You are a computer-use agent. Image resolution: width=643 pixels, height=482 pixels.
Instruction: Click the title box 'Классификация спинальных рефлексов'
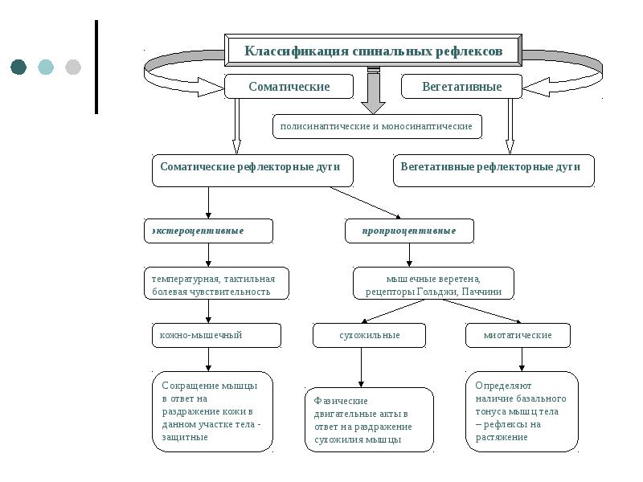point(374,51)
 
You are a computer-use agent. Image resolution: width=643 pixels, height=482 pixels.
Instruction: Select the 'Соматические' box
point(289,87)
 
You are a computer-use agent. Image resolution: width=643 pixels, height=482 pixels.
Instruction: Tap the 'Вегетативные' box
point(461,87)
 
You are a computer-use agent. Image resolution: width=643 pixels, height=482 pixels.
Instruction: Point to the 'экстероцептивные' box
point(208,231)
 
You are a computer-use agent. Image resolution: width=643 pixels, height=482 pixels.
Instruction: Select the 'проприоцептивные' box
point(409,231)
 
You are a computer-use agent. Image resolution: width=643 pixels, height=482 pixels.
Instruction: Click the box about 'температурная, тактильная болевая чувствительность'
point(216,284)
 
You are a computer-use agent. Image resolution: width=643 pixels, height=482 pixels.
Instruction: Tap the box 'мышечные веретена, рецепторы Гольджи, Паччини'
point(433,284)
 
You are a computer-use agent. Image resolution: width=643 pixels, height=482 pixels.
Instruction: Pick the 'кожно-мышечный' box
point(216,335)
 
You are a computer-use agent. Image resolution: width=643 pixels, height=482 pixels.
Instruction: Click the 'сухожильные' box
point(369,335)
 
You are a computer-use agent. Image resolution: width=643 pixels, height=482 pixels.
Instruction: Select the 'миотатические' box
point(518,335)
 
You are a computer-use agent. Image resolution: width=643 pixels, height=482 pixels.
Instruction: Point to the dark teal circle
point(18,67)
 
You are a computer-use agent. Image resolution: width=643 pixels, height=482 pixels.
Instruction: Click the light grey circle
point(73,67)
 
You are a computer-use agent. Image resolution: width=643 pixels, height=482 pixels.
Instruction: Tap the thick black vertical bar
point(96,67)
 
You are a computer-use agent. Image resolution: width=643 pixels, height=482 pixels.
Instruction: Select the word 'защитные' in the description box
point(185,438)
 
